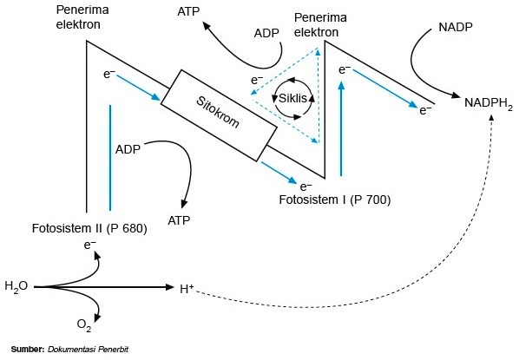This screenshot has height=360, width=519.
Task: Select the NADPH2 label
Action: [489, 102]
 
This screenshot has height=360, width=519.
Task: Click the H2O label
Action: [16, 285]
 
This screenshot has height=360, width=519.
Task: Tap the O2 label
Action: [84, 325]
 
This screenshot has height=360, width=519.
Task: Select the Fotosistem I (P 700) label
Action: [335, 200]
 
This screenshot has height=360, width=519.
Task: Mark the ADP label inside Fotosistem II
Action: [128, 147]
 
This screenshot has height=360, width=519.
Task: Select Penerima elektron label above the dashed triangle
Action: [321, 23]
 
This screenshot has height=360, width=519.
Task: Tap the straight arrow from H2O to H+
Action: [104, 285]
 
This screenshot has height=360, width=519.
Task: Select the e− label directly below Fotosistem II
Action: [89, 245]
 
